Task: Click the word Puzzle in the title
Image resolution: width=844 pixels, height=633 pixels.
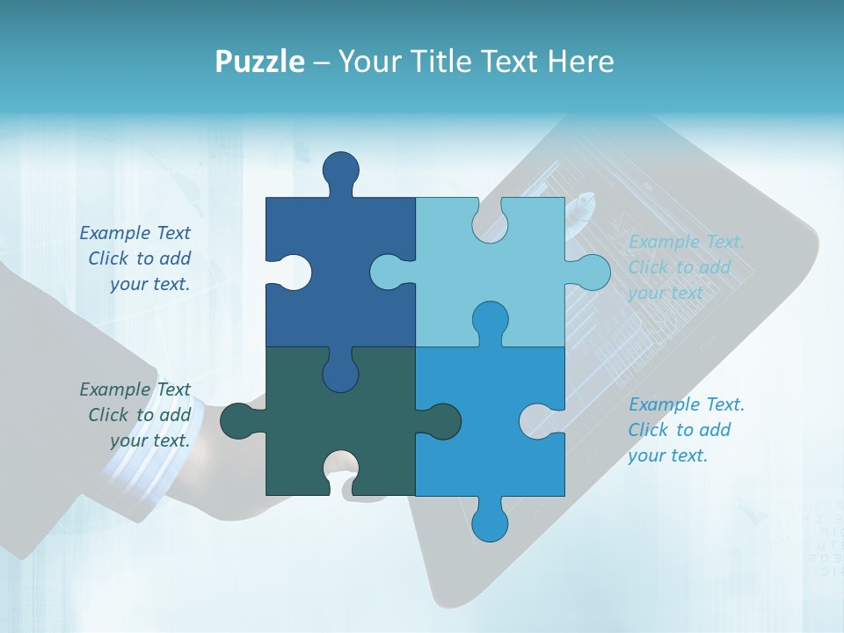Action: [x=260, y=62]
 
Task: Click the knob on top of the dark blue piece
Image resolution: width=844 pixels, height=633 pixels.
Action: [x=341, y=170]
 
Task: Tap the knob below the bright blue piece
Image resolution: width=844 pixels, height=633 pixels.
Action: [x=491, y=523]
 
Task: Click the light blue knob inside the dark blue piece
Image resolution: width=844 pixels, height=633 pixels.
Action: [x=389, y=272]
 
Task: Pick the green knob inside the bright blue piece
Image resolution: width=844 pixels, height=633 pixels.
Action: [x=442, y=420]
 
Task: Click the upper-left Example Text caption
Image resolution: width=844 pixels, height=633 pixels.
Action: [x=136, y=258]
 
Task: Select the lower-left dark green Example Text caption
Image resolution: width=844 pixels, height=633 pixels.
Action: [x=136, y=415]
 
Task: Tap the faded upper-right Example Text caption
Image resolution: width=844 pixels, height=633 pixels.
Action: [x=686, y=267]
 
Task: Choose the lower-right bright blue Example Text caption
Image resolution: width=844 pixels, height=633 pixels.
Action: [x=686, y=430]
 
